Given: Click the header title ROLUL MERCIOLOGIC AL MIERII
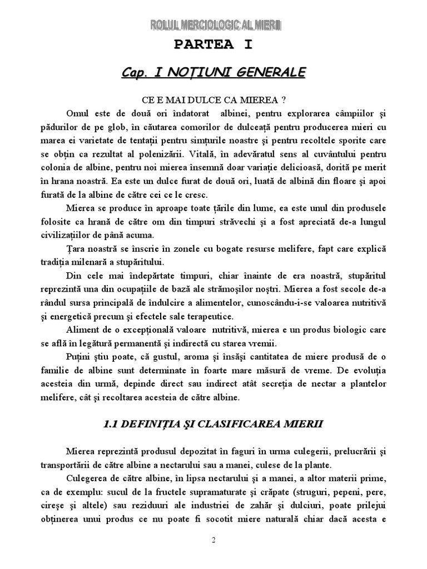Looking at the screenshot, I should pos(213,26).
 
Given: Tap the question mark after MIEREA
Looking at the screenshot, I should pos(284,100).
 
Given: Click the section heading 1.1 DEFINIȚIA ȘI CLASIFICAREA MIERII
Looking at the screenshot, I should pos(213,425).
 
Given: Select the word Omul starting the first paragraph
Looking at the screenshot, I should pos(78,113).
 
